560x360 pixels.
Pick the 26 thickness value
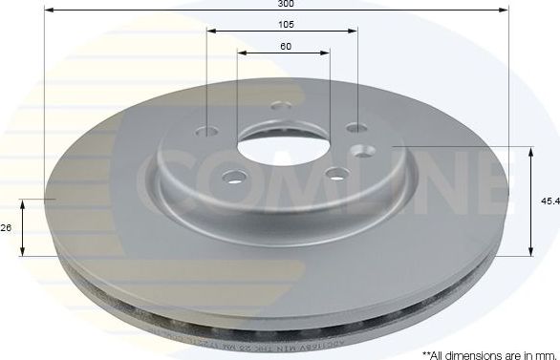click(x=7, y=227)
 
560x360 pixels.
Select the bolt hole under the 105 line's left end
click(x=209, y=134)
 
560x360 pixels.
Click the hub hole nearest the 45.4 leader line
click(x=364, y=149)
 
